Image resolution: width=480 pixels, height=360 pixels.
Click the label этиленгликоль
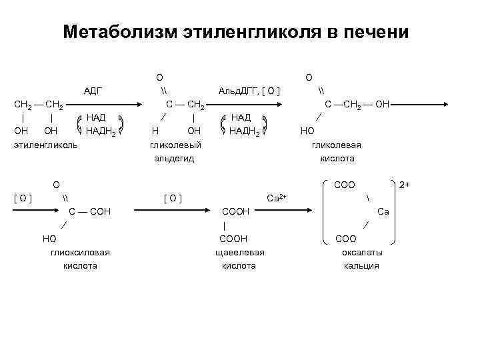[x=46, y=145]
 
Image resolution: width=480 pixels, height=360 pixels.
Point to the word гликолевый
[x=175, y=145]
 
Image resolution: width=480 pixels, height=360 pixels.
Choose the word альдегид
[x=174, y=159]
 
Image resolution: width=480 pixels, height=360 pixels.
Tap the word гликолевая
[x=337, y=145]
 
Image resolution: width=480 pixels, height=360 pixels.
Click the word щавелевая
[x=241, y=252]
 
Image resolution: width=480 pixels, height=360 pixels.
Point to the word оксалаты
[x=361, y=252]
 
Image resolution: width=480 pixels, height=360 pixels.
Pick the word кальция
[x=361, y=265]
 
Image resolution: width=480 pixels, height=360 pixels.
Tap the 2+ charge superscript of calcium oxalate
[x=404, y=184]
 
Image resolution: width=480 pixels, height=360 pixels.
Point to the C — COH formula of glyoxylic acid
[x=90, y=211]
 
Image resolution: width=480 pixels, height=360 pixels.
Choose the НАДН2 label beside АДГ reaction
[x=101, y=131]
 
